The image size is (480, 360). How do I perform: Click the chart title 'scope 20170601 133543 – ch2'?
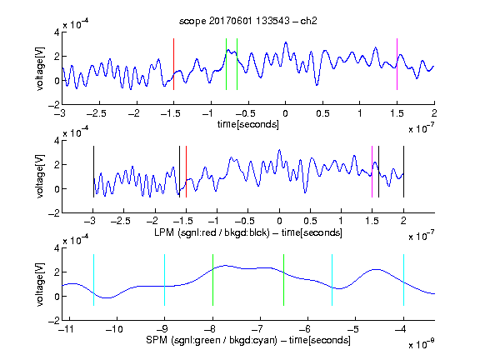click(248, 21)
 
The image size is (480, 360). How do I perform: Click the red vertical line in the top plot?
click(173, 64)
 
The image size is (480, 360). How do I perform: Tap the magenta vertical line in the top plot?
click(397, 64)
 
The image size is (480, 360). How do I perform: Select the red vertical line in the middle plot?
click(186, 172)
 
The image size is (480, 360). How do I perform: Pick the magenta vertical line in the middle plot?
click(372, 172)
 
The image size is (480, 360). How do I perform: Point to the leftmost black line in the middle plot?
click(93, 172)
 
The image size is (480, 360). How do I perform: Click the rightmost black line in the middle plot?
click(403, 172)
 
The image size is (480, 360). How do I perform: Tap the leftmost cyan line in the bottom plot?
click(93, 280)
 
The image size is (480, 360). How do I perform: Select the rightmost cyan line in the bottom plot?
click(403, 280)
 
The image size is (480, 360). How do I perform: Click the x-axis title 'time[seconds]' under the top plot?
click(248, 124)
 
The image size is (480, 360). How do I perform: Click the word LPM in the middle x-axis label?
click(164, 232)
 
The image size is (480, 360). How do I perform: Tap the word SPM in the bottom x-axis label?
click(157, 340)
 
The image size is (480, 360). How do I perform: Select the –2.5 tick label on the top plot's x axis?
click(97, 113)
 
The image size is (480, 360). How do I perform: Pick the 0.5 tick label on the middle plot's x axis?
click(310, 221)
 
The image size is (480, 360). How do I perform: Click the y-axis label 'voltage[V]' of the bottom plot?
click(40, 284)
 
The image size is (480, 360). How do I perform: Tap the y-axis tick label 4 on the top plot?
click(57, 32)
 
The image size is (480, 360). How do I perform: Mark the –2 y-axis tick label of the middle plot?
click(54, 213)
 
